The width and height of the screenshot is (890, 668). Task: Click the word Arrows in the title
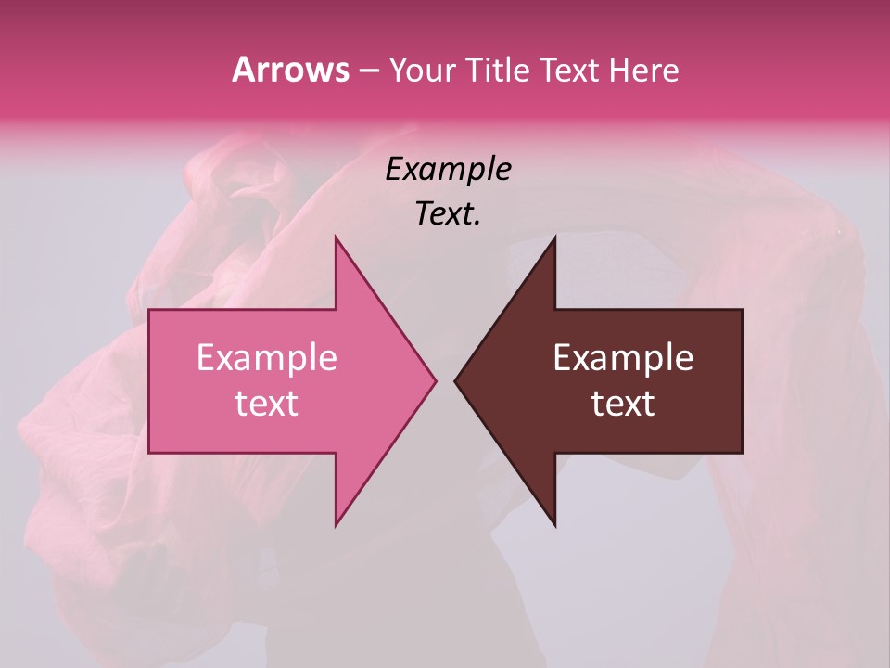coord(290,71)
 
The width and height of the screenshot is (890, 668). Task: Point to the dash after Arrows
coord(368,71)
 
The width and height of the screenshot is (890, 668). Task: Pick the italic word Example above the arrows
coord(448,170)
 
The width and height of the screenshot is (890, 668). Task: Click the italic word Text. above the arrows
coord(448,214)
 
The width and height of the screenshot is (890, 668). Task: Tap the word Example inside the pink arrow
coord(267,358)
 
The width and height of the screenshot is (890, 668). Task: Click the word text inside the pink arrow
coord(267,404)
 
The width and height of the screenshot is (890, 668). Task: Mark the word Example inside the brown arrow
coord(623,358)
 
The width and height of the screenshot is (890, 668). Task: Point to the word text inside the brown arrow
coord(623,404)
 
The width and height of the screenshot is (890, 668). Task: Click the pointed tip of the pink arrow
coord(434,380)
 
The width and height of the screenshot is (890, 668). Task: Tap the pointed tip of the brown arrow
coord(457,380)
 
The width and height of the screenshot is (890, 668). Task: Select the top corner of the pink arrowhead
coord(337,239)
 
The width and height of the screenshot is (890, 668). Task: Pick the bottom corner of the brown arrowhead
coord(554,524)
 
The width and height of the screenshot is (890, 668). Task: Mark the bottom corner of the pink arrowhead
coord(337,523)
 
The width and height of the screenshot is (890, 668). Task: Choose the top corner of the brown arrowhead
coord(554,239)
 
